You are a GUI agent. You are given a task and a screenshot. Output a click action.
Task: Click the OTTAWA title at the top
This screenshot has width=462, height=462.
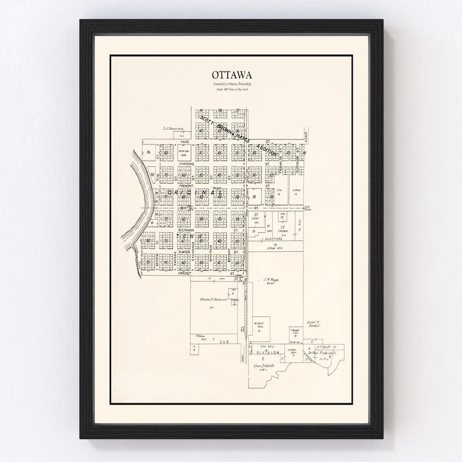click(231, 75)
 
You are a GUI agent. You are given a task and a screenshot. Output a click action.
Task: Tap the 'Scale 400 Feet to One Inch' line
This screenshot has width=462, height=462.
click(231, 89)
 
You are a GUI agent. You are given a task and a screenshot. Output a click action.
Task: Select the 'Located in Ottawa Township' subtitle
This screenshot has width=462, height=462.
click(231, 84)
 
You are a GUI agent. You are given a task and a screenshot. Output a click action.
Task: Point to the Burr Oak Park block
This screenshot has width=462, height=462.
click(184, 152)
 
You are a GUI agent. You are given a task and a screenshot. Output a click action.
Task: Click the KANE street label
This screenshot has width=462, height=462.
click(184, 141)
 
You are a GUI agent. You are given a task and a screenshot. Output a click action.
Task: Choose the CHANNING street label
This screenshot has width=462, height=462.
click(187, 164)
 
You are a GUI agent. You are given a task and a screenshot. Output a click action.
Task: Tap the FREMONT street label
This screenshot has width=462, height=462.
click(186, 186)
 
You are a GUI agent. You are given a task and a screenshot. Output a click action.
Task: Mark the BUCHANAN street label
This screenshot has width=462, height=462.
click(187, 230)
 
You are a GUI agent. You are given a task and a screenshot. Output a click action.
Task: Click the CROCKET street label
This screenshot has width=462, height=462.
click(184, 273)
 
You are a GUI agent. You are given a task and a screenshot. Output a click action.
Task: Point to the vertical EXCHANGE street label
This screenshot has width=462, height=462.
click(193, 251)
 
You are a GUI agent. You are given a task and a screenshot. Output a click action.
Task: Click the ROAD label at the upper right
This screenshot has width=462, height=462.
click(306, 136)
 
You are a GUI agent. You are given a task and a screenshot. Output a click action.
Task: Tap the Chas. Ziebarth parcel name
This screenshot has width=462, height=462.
click(264, 366)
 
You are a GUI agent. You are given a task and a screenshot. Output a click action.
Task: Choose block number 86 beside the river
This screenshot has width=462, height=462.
click(148, 152)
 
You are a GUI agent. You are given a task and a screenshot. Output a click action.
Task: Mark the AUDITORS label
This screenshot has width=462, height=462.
click(274, 239)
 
